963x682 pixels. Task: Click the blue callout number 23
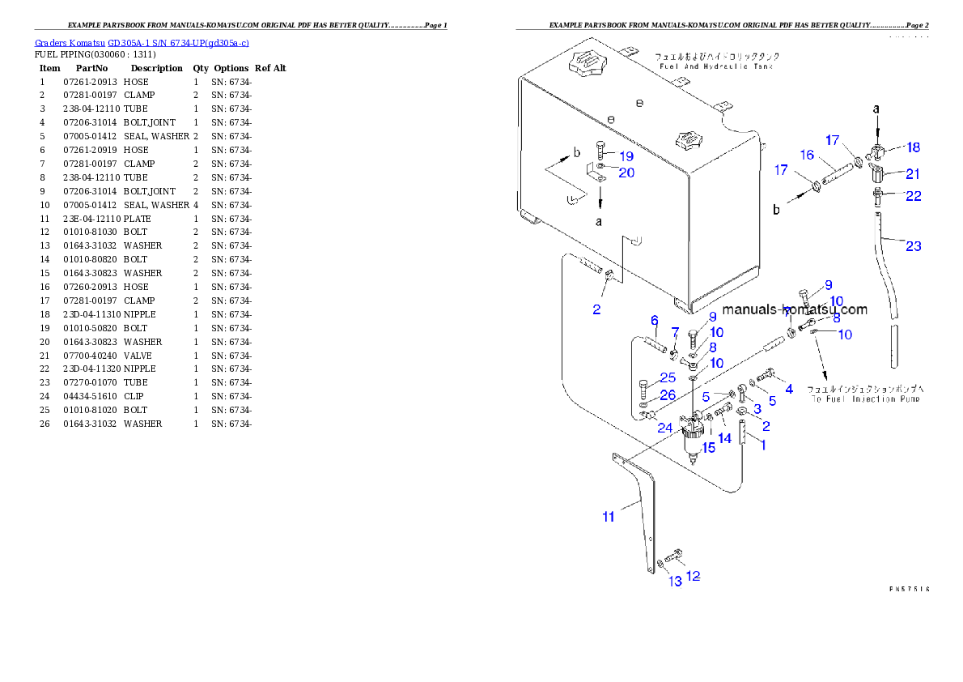tap(913, 246)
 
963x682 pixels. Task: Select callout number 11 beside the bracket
tap(608, 516)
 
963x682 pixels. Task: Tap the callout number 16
tap(807, 155)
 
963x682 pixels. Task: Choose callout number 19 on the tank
tap(626, 156)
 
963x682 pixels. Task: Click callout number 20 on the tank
tap(626, 172)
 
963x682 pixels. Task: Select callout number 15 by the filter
tap(708, 447)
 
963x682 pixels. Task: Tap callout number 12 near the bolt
tap(693, 576)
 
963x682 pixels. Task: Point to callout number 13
tap(675, 582)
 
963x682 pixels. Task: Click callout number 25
tap(668, 377)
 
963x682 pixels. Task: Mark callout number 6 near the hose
tap(655, 321)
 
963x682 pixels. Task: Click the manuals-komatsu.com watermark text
tap(794, 309)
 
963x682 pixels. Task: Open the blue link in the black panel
tap(142, 42)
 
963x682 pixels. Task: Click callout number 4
tap(788, 390)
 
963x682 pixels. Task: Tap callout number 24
tap(664, 427)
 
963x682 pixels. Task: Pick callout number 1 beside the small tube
tap(761, 445)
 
